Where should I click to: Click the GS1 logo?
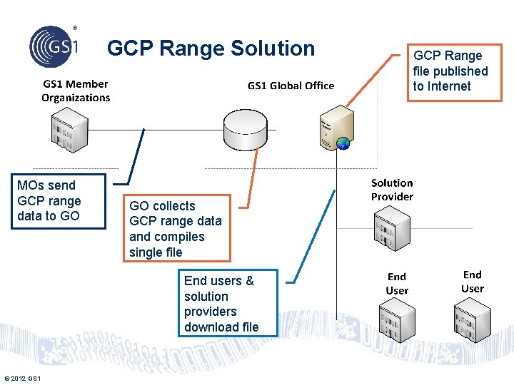pyautogui.click(x=54, y=45)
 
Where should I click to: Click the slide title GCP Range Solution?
pyautogui.click(x=211, y=48)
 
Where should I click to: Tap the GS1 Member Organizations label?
pyautogui.click(x=76, y=91)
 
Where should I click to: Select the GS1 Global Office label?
pyautogui.click(x=291, y=86)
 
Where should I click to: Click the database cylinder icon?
pyautogui.click(x=245, y=127)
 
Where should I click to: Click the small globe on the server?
pyautogui.click(x=343, y=143)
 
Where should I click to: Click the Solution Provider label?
pyautogui.click(x=392, y=190)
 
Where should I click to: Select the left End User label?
pyautogui.click(x=397, y=283)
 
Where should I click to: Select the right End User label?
pyautogui.click(x=472, y=282)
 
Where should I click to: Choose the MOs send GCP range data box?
pyautogui.click(x=49, y=201)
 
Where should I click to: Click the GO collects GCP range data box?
pyautogui.click(x=176, y=229)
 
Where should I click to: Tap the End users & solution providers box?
pyautogui.click(x=221, y=304)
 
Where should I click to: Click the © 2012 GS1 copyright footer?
pyautogui.click(x=22, y=378)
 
